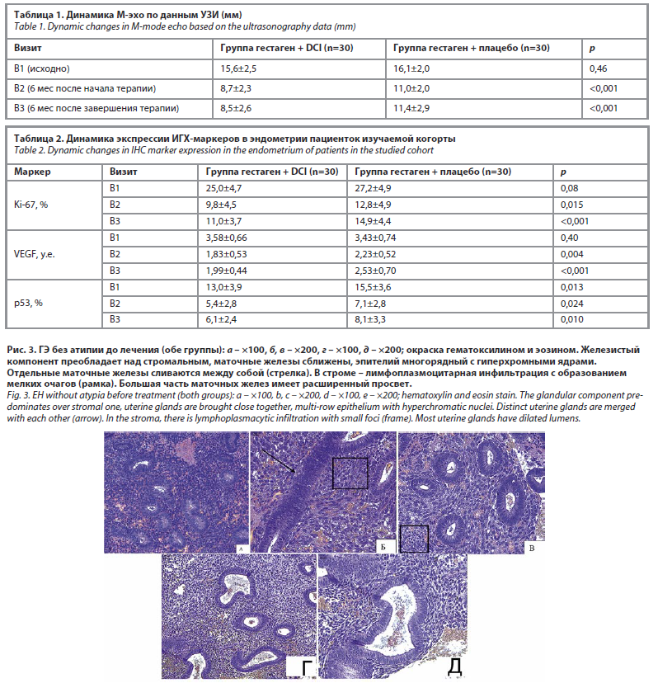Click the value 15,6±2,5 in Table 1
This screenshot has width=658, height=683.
[237, 68]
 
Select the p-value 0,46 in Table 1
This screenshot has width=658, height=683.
[598, 68]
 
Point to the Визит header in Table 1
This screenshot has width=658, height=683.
[27, 49]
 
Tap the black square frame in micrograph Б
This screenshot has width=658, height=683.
[349, 473]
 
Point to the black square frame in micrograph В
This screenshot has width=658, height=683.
[414, 538]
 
